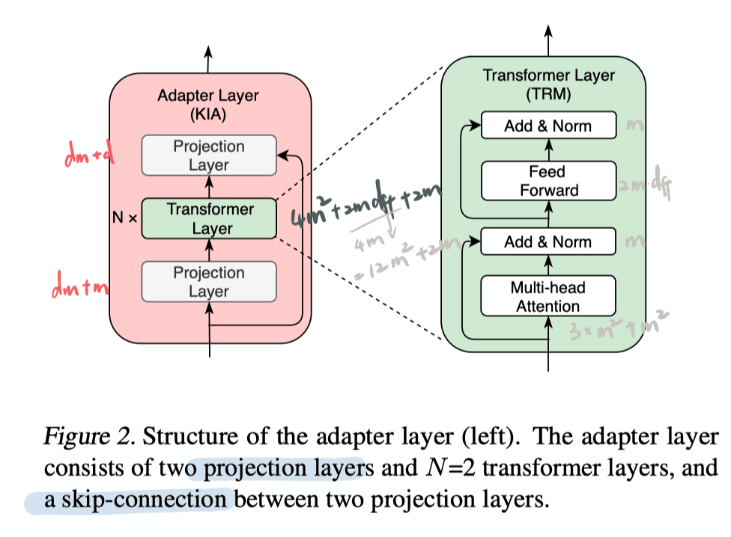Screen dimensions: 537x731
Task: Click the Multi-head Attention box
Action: [x=548, y=296]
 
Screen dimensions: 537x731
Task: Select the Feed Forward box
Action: [x=548, y=181]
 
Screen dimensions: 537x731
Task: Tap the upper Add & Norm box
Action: [x=548, y=126]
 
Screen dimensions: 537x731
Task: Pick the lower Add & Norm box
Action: [x=548, y=242]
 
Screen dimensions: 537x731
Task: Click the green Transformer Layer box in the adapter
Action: [x=209, y=218]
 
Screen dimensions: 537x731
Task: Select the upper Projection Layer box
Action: [x=209, y=156]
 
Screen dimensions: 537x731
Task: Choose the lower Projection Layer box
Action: [x=209, y=282]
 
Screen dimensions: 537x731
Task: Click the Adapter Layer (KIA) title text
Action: [x=208, y=105]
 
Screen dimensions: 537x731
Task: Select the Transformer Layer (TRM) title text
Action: [x=548, y=85]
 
